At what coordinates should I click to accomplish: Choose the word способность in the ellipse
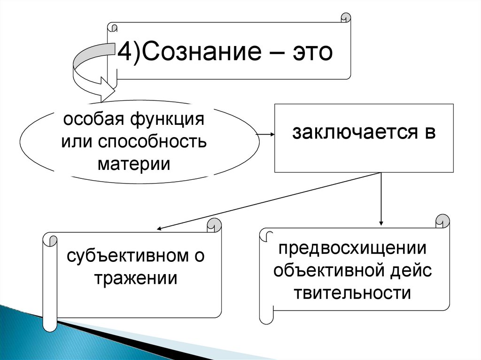(152, 141)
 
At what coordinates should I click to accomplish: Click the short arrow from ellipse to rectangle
(266, 134)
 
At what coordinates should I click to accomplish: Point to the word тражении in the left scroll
(136, 278)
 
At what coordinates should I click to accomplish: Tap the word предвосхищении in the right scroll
(353, 248)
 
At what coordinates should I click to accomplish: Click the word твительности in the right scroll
(353, 293)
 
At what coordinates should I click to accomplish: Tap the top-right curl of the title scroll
(345, 18)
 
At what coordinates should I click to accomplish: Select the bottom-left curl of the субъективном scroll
(49, 324)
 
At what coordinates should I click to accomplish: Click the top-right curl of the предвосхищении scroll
(442, 221)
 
